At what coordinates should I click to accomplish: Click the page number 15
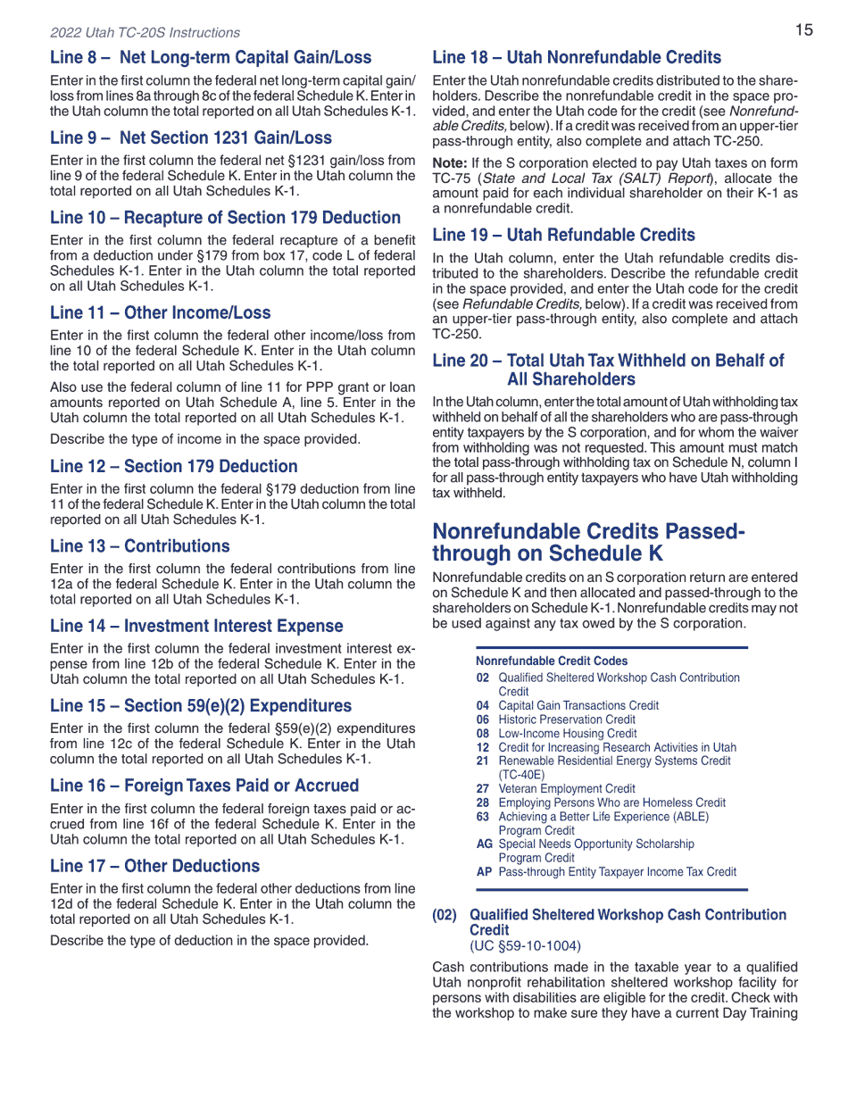pyautogui.click(x=803, y=30)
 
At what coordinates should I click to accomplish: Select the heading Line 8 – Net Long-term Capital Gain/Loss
pyautogui.click(x=211, y=58)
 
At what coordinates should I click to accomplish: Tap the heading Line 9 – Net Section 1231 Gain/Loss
pyautogui.click(x=190, y=138)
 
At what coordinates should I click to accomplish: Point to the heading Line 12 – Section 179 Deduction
pyautogui.click(x=173, y=466)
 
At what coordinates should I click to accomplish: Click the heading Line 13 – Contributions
pyautogui.click(x=139, y=546)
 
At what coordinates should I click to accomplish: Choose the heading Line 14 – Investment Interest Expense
pyautogui.click(x=196, y=626)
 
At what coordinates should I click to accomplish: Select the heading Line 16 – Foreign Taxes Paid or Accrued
pyautogui.click(x=204, y=786)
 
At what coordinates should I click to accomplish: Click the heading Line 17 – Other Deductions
pyautogui.click(x=154, y=866)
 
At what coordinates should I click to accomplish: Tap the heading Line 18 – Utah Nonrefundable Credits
pyautogui.click(x=577, y=58)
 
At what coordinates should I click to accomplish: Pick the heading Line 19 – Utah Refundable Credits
pyautogui.click(x=563, y=236)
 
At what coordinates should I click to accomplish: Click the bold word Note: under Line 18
pyautogui.click(x=449, y=164)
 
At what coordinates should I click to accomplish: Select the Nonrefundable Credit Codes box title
pyautogui.click(x=551, y=661)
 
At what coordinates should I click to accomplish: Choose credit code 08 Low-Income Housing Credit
pyautogui.click(x=556, y=733)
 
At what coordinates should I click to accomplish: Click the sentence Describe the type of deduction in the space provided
pyautogui.click(x=209, y=940)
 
